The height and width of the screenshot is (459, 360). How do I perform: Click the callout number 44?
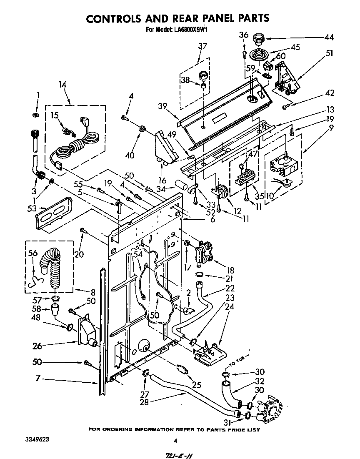329,38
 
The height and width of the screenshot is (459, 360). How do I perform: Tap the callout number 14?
62,85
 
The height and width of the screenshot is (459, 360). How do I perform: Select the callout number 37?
202,46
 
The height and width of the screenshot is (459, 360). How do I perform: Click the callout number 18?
229,271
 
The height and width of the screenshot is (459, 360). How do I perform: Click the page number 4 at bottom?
175,440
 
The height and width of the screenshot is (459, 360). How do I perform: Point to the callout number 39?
162,107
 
